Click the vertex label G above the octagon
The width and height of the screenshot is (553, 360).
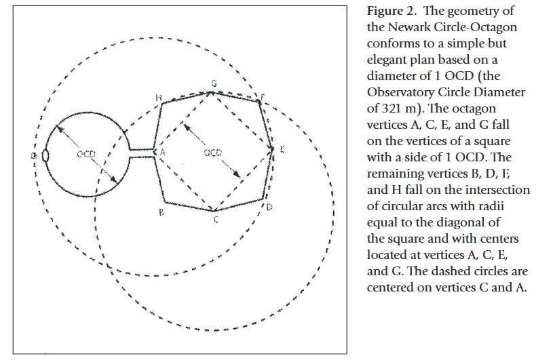tap(214, 83)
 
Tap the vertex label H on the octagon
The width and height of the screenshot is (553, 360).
tap(159, 98)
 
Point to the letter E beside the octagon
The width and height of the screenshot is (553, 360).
tap(282, 150)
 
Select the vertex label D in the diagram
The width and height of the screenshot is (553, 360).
tap(269, 207)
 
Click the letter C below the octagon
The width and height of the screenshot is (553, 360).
tap(216, 220)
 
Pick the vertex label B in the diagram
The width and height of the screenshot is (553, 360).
tap(161, 212)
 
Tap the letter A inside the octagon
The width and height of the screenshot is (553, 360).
tap(162, 152)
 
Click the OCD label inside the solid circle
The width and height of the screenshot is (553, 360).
tap(86, 154)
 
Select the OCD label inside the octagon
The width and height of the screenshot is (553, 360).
tap(212, 153)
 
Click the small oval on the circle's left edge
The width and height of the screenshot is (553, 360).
tap(45, 156)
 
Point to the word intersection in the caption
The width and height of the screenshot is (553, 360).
tap(497, 190)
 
